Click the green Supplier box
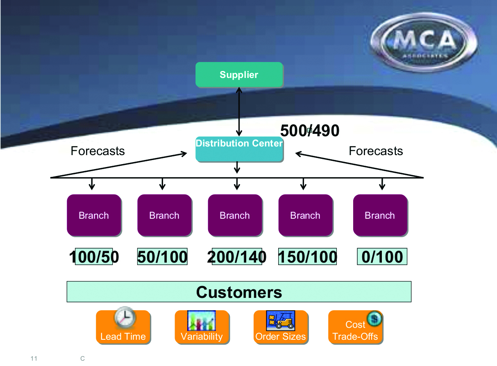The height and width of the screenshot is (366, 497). tap(239, 75)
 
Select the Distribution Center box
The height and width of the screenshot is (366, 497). tap(239, 149)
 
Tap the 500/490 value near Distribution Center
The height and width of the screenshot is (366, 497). tap(310, 131)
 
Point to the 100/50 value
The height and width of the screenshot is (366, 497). tap(94, 257)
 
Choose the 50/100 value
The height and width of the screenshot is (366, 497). tap(162, 257)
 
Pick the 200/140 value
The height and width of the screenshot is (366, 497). tap(237, 257)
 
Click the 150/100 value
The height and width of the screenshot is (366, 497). tap(307, 257)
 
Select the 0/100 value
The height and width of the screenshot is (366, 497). tap(382, 257)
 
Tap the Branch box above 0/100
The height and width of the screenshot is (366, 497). tap(380, 215)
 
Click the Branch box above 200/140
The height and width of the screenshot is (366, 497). tap(235, 215)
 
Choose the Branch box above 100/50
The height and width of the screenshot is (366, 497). tap(94, 215)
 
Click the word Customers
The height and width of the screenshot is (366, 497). tap(239, 292)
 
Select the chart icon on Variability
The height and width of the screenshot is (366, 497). tap(202, 320)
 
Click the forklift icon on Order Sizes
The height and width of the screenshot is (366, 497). tap(281, 320)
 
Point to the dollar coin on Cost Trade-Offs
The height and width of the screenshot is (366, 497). tap(374, 318)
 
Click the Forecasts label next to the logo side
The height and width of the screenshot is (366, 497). tap(376, 151)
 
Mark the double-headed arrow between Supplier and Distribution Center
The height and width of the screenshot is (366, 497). tap(239, 112)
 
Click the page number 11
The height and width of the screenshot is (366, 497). tap(34, 359)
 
